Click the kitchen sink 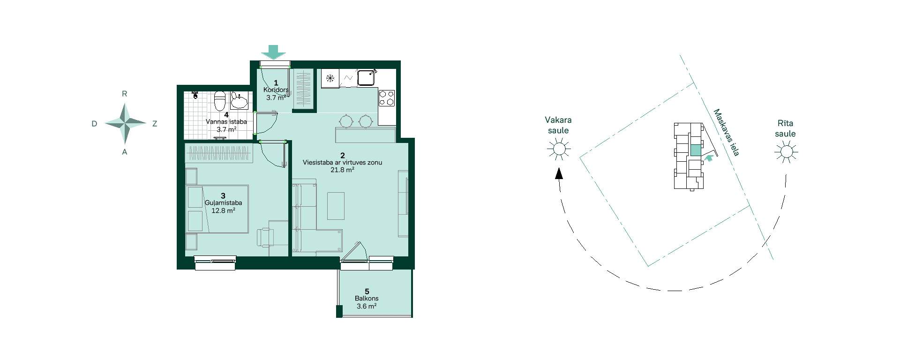coord(367,77)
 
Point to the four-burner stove coord(387,98)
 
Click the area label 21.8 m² coord(342,170)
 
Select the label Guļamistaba coord(223,203)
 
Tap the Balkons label coord(367,298)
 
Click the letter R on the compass coord(125,94)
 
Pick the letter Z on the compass coord(155,124)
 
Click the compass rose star coord(125,123)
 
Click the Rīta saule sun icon coord(786,152)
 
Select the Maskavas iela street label coord(726,133)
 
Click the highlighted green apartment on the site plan coord(696,150)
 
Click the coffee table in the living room coord(336,205)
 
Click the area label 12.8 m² coord(223,210)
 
